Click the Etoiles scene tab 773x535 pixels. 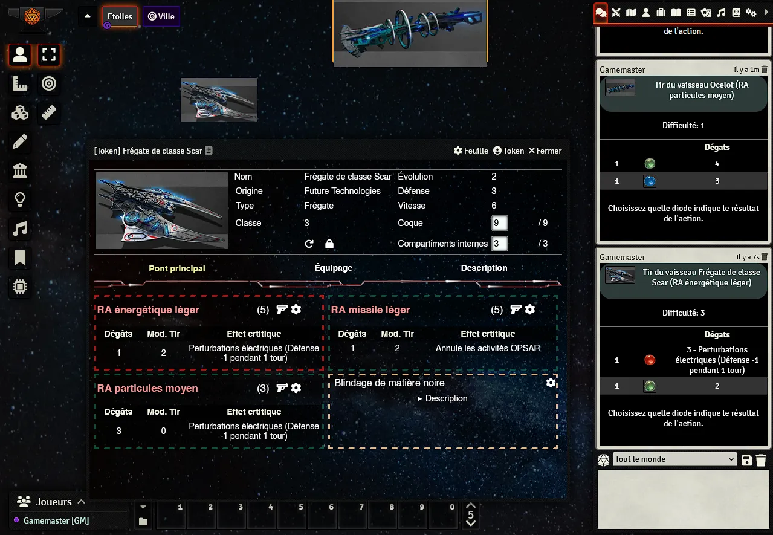[120, 16]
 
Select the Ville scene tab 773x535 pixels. [161, 16]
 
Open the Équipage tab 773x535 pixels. [333, 268]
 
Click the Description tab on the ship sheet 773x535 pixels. [484, 268]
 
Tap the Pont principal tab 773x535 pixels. [177, 268]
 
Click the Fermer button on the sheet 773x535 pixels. [545, 151]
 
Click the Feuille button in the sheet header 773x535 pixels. [471, 151]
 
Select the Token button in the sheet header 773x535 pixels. [508, 151]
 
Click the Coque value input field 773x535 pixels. [499, 223]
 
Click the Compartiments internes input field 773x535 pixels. [499, 244]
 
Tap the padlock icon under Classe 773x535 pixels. [329, 244]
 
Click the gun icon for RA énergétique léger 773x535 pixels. [282, 310]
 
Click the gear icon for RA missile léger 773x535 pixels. [530, 310]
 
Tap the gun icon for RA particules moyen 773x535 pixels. [282, 388]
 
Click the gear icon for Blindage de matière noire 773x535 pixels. [551, 383]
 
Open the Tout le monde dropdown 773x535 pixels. [674, 459]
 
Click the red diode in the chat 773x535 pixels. [650, 360]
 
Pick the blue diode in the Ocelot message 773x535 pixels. [650, 181]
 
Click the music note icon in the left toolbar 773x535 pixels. [20, 229]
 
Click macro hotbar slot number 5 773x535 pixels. [293, 516]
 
